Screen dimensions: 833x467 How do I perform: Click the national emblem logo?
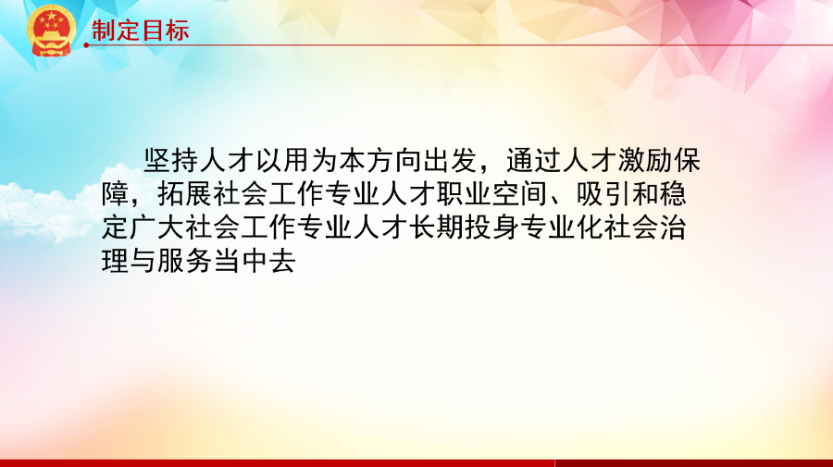click(51, 31)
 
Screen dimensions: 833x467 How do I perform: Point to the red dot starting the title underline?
click(86, 45)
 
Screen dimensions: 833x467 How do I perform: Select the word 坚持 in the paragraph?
click(171, 161)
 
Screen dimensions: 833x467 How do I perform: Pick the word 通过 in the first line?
click(533, 161)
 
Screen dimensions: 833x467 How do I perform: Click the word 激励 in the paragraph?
click(645, 161)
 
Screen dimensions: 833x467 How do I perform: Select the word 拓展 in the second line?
click(185, 194)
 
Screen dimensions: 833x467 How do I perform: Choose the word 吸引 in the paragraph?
click(603, 194)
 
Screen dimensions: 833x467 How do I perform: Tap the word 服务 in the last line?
click(185, 261)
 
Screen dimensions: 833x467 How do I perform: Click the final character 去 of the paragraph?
click(282, 261)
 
